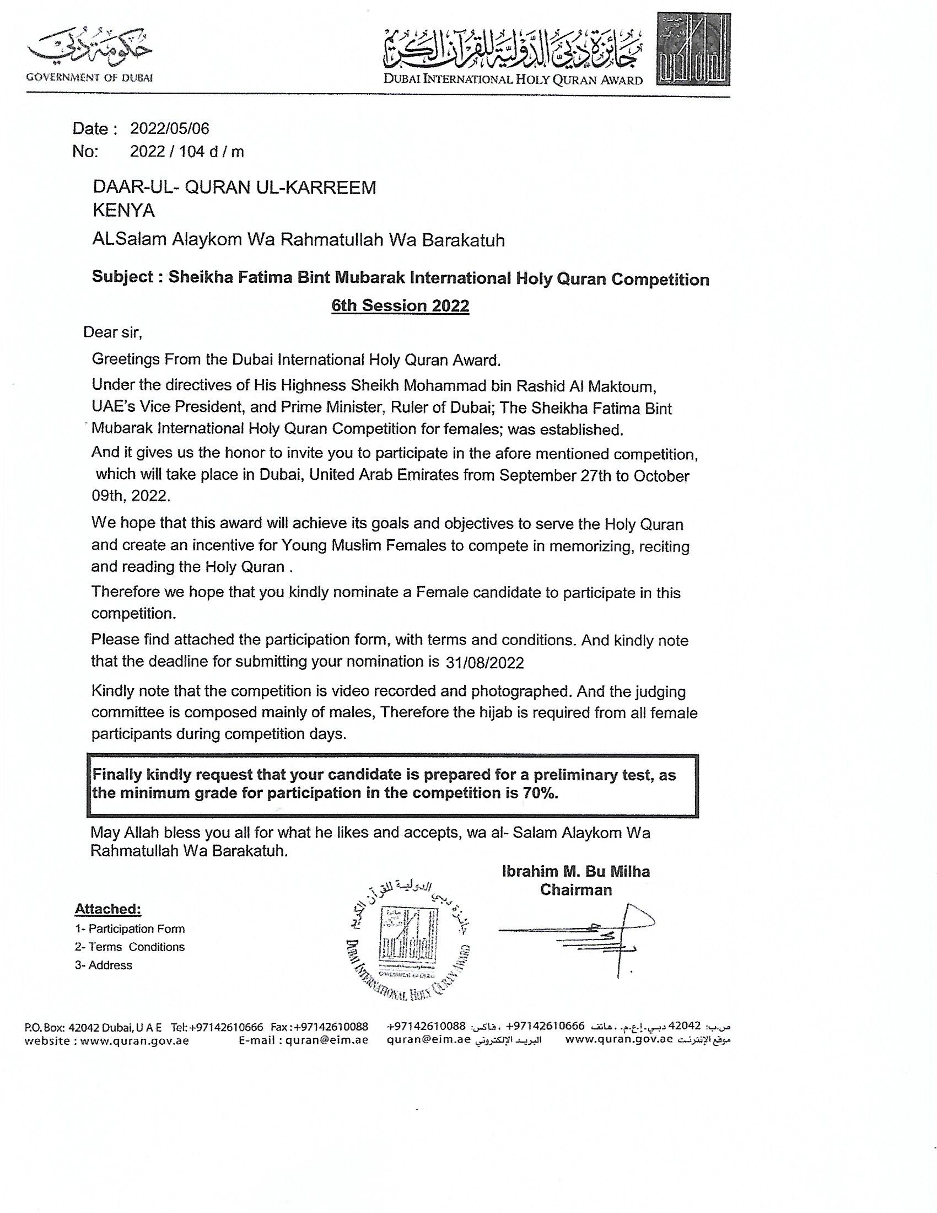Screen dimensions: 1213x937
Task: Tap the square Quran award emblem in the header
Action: coord(693,50)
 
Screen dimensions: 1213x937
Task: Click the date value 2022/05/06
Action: coord(169,129)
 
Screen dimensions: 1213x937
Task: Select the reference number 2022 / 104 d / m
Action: coord(186,152)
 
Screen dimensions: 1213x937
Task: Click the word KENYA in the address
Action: coord(123,211)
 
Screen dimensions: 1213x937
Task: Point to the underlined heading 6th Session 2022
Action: coord(400,305)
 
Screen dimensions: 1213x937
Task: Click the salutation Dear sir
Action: coord(112,332)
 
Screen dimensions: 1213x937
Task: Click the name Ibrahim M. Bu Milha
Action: coord(575,871)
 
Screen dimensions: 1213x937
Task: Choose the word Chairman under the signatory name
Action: coord(575,890)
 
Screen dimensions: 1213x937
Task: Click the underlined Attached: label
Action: coord(107,909)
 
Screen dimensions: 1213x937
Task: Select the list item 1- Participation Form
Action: coord(130,928)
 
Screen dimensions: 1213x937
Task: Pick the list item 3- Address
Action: coord(104,965)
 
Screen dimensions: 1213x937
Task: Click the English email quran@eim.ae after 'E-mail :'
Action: coord(327,1040)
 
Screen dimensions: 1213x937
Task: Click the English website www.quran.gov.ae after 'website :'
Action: coord(135,1040)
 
